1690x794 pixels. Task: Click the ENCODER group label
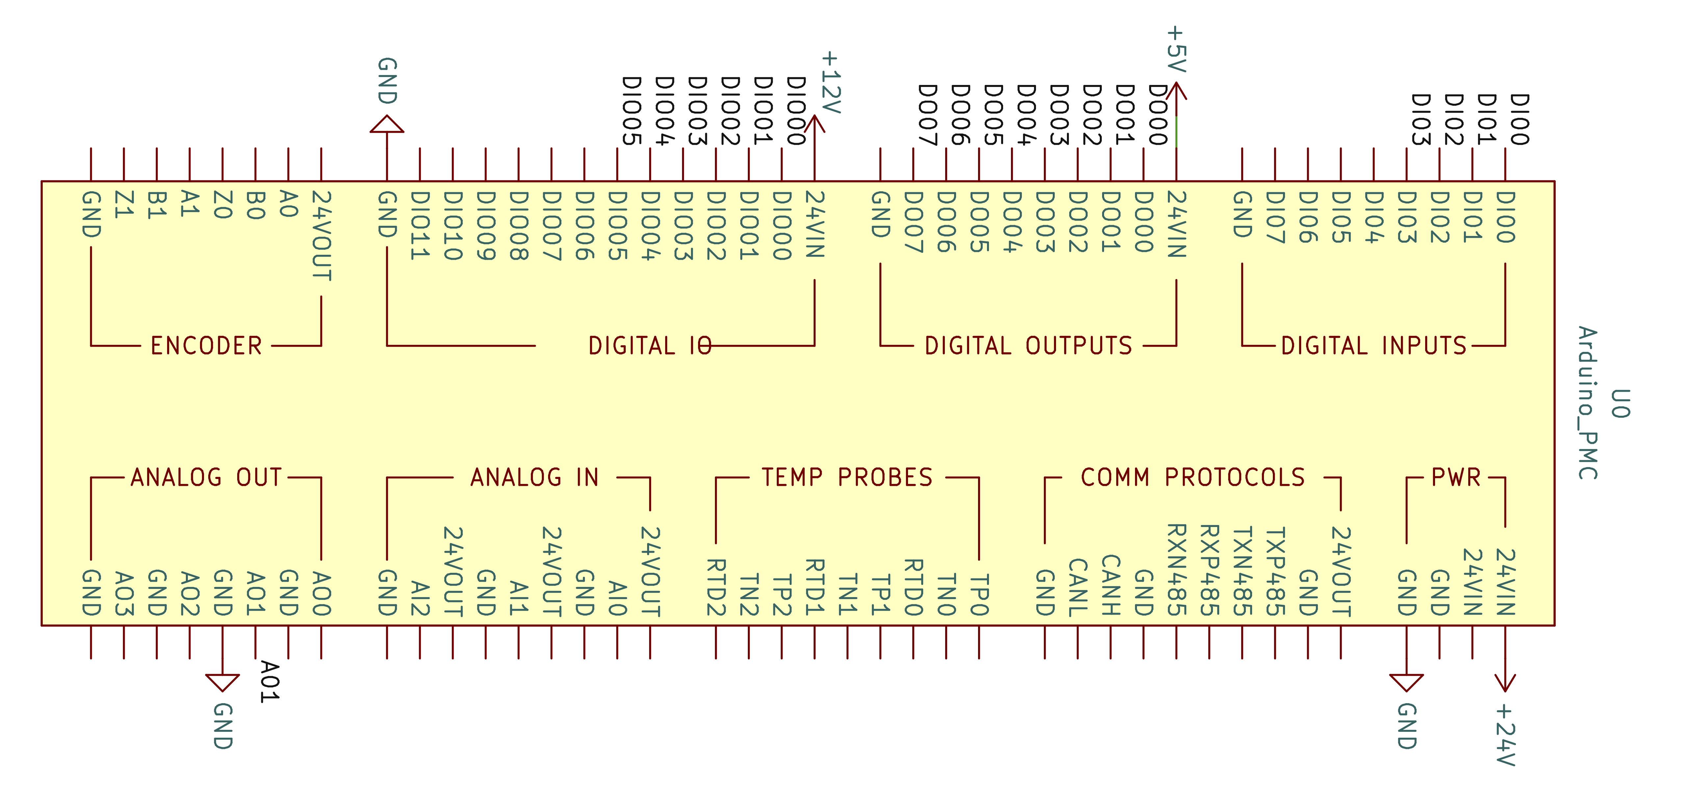point(206,346)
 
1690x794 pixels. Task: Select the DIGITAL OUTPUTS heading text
point(1028,346)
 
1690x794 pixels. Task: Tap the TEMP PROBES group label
point(847,477)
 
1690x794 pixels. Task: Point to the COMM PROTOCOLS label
point(1193,477)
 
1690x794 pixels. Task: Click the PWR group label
point(1456,477)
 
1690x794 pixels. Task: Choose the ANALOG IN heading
point(535,477)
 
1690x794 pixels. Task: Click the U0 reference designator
point(1620,404)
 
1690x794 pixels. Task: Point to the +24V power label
point(1505,735)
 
